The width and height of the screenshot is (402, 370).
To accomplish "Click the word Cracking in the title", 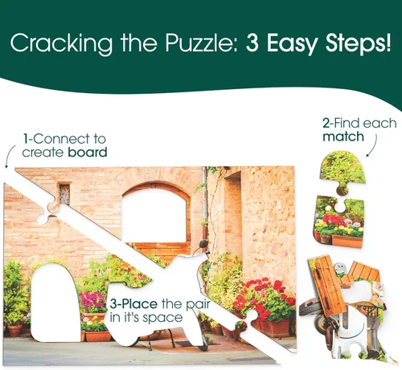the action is pyautogui.click(x=61, y=43).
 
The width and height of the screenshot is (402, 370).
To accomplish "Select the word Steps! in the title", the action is pyautogui.click(x=358, y=43).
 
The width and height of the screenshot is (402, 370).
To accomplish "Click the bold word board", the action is pyautogui.click(x=88, y=152).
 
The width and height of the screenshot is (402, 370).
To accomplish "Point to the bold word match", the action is pyautogui.click(x=343, y=136).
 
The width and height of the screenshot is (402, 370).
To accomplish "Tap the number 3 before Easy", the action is pyautogui.click(x=252, y=43).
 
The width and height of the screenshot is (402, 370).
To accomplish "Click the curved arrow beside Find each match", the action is pyautogui.click(x=373, y=146).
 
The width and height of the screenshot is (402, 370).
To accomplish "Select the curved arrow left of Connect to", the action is pyautogui.click(x=10, y=156).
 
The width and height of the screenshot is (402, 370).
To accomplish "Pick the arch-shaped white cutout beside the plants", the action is pyautogui.click(x=55, y=303).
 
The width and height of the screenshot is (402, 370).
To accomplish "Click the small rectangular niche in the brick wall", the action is pyautogui.click(x=64, y=193).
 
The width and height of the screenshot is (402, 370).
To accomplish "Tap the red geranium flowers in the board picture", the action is pyautogui.click(x=265, y=293).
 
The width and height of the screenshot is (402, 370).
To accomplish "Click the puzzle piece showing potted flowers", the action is pyautogui.click(x=339, y=222).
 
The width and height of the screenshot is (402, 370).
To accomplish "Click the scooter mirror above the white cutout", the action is pyautogui.click(x=203, y=244).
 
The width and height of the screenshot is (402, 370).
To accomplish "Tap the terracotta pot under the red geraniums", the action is pyautogui.click(x=274, y=327).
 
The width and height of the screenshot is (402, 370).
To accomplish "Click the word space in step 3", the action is pyautogui.click(x=162, y=318).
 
